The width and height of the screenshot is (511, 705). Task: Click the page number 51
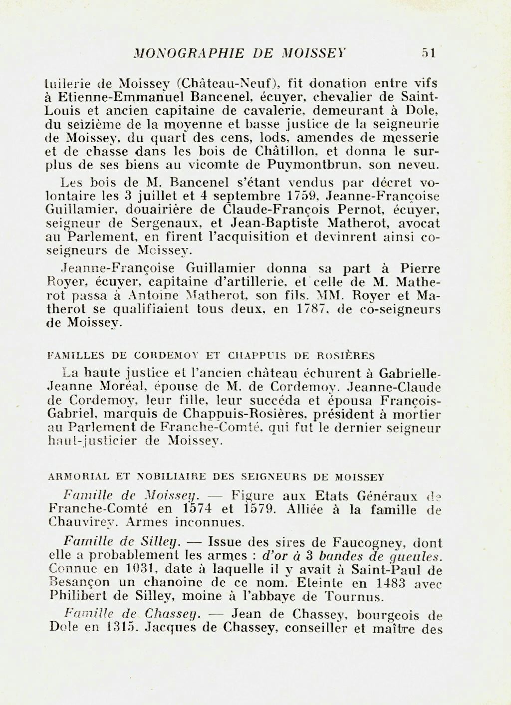pyautogui.click(x=429, y=53)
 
